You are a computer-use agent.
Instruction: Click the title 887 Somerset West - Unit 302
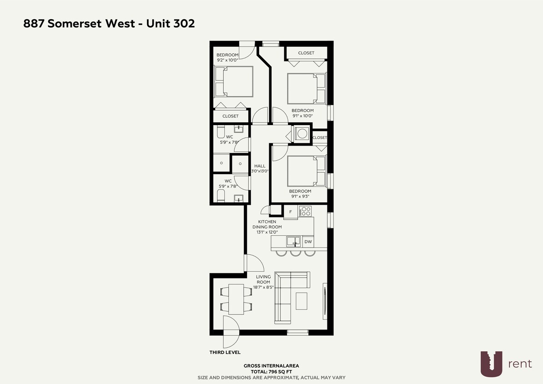109,24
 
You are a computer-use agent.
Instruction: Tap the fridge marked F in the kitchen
291,212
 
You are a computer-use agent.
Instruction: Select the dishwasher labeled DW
308,242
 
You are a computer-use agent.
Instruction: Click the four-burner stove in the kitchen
305,212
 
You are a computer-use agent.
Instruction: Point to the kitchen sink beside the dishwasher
293,242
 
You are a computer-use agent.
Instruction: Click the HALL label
260,166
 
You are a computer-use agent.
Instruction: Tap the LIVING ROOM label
263,279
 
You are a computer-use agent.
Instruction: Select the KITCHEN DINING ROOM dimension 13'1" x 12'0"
267,232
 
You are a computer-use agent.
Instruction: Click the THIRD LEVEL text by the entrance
225,352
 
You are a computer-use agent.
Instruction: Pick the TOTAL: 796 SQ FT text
271,372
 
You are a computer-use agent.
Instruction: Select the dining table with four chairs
236,299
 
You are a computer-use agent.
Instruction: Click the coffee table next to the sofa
302,300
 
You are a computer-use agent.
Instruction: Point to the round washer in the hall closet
302,134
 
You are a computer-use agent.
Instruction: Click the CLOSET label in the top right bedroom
306,53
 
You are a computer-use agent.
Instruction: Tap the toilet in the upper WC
221,132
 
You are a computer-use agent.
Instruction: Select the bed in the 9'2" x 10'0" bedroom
234,81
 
